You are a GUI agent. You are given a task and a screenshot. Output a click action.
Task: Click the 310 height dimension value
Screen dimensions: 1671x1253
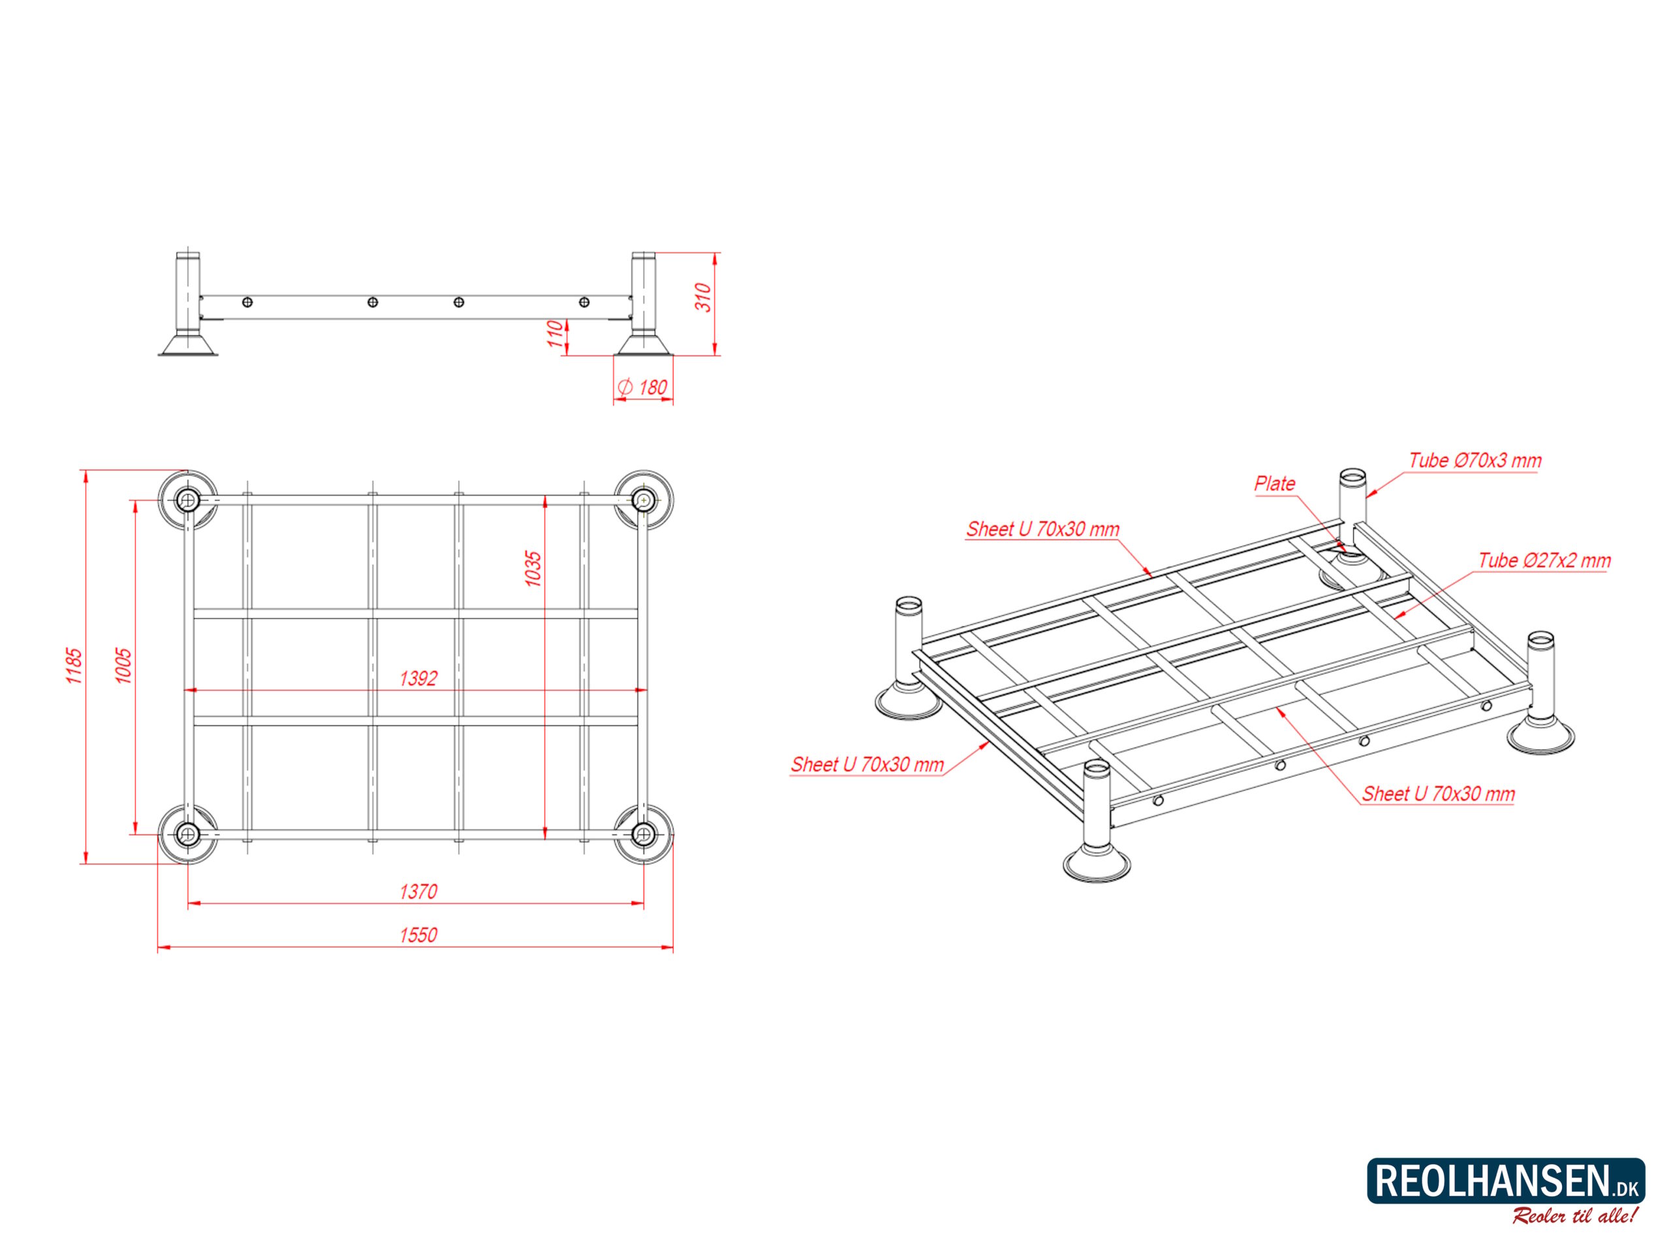click(702, 298)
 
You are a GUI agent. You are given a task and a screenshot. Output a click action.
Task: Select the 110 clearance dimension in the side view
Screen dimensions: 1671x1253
click(556, 335)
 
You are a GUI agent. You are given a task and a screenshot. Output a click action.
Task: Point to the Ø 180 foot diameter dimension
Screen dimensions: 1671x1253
click(643, 388)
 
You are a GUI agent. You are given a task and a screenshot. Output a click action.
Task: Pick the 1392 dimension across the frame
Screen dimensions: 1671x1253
click(418, 678)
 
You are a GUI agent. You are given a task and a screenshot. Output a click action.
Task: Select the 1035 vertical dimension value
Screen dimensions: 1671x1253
click(533, 568)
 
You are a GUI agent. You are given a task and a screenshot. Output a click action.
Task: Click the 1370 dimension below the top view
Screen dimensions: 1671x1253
click(418, 892)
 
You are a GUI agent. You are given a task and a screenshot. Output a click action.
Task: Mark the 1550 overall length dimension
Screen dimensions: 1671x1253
click(418, 935)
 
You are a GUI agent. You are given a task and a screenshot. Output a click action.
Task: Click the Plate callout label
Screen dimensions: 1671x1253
click(1275, 484)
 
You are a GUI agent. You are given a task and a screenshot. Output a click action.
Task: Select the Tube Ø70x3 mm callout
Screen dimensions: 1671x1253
click(1475, 460)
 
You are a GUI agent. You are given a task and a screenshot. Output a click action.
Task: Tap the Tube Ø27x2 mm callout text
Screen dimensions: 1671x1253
click(1545, 561)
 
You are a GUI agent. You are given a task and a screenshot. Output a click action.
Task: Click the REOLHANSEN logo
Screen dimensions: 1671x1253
click(1507, 1181)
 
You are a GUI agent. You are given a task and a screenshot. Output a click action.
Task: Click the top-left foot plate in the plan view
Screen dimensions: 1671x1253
click(187, 499)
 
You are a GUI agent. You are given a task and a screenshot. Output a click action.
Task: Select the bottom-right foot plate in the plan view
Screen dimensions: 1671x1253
click(644, 834)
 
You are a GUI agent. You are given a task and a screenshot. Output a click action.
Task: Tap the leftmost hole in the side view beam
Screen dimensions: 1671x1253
click(247, 302)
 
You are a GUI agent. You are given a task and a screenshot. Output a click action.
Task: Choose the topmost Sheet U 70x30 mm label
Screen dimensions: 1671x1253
click(1042, 529)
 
